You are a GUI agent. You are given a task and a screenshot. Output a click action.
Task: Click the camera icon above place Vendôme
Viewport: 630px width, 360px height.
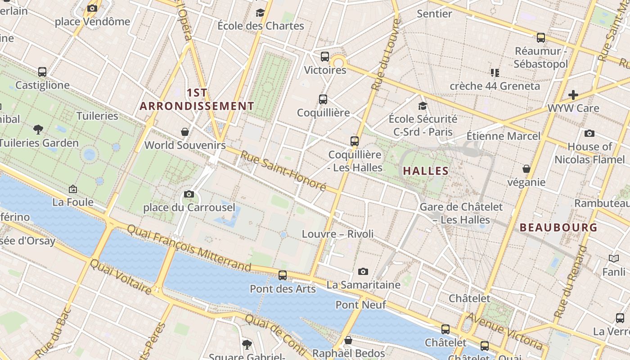pos(92,8)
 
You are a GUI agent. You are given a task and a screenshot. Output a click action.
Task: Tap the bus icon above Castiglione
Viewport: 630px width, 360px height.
pos(42,72)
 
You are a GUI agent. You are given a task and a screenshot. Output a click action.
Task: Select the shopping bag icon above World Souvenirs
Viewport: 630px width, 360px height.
pos(184,132)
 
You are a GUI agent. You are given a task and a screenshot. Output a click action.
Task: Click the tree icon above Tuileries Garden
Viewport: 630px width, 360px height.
pos(38,130)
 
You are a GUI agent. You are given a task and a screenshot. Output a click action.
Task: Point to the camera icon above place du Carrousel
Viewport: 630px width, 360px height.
pos(189,194)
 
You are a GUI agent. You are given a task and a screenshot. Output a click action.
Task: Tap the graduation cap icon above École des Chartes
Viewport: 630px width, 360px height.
pos(260,13)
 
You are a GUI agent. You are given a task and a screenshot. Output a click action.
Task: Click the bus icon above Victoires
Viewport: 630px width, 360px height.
pos(325,57)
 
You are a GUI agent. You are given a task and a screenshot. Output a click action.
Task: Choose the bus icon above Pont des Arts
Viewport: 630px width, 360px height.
pos(283,275)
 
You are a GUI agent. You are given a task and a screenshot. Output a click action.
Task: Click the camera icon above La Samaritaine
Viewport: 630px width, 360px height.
pos(363,271)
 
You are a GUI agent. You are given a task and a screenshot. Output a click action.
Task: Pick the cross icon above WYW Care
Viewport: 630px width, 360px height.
pos(573,95)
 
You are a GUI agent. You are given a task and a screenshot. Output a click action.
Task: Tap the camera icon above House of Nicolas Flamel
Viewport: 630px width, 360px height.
pos(589,133)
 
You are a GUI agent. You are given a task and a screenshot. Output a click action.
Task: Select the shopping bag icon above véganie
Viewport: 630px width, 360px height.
pos(526,169)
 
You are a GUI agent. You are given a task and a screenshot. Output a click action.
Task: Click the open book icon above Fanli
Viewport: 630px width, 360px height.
pos(614,258)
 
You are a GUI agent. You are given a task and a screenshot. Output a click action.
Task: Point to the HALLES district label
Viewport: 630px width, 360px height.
pos(426,171)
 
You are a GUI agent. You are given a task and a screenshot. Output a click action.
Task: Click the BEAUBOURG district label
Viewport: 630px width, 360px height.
pos(558,228)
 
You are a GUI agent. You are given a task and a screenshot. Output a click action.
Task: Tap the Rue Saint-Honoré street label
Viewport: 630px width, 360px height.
pos(283,171)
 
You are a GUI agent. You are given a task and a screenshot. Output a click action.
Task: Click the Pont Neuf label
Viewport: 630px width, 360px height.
pos(361,305)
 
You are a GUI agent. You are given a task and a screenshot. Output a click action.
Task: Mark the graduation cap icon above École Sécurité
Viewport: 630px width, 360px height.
pos(423,106)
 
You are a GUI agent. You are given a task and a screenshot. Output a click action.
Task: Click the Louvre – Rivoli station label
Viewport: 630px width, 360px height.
pos(337,234)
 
